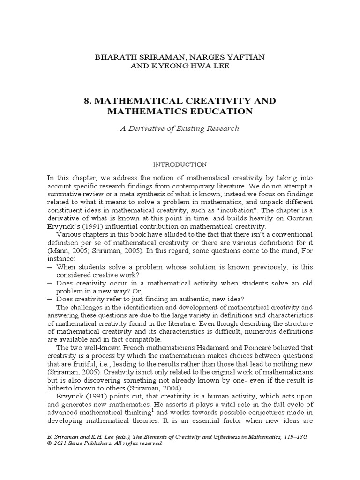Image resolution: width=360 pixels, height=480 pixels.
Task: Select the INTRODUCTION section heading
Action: pyautogui.click(x=180, y=165)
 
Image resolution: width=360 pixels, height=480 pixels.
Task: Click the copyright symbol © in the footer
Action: pyautogui.click(x=50, y=443)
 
